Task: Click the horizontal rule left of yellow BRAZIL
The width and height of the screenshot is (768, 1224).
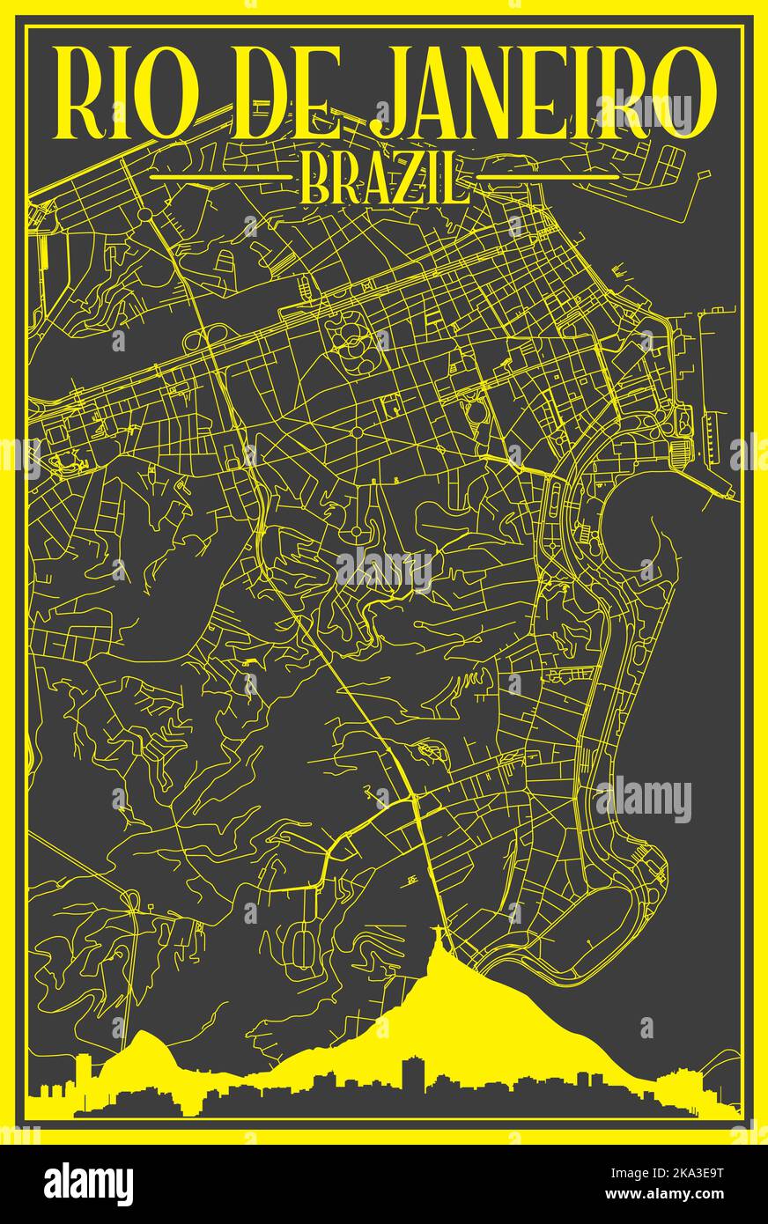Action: pyautogui.click(x=220, y=176)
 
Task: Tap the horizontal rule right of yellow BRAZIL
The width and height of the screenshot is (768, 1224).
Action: pyautogui.click(x=548, y=176)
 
